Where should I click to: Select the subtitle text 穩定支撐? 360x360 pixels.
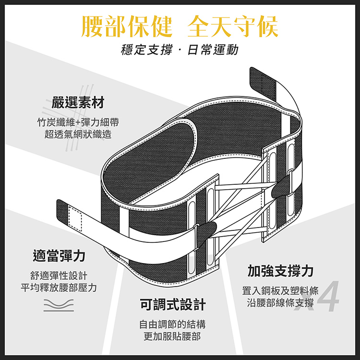pyautogui.click(x=145, y=49)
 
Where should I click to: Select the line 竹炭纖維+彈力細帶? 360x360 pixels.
pyautogui.click(x=78, y=122)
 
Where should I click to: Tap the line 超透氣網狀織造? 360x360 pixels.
pyautogui.click(x=78, y=134)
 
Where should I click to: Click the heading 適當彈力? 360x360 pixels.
pyautogui.click(x=59, y=255)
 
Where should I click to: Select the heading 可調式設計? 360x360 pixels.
pyautogui.click(x=173, y=304)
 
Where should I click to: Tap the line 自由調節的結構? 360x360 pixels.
pyautogui.click(x=173, y=324)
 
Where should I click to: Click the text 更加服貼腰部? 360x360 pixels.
pyautogui.click(x=173, y=336)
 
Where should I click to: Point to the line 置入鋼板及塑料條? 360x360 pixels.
pyautogui.click(x=281, y=291)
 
